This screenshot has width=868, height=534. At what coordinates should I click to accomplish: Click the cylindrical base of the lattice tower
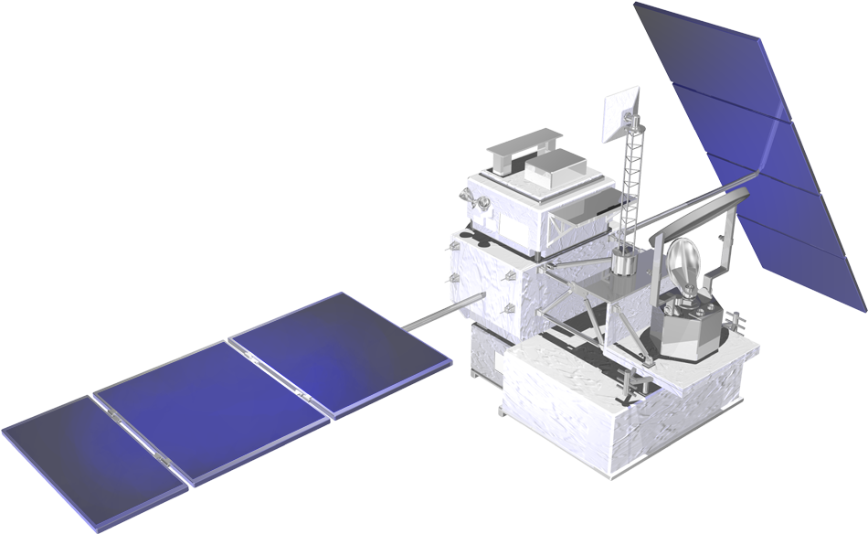(x=624, y=264)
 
